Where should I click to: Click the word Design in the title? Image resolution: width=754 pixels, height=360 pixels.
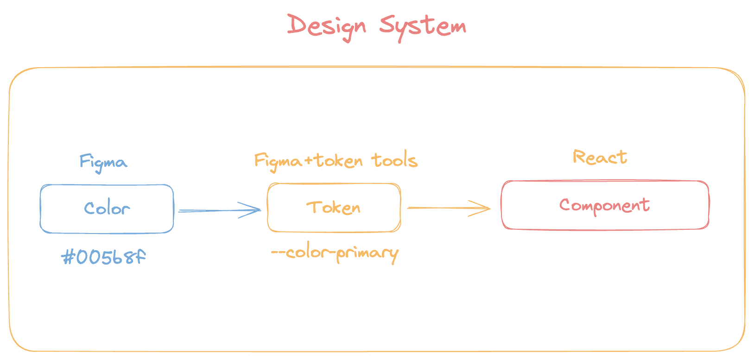pos(326,26)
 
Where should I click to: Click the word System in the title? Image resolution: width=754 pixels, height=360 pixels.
pos(423,26)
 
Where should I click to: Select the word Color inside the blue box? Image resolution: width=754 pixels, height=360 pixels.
pos(107,208)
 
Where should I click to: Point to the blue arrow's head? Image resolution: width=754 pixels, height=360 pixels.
pos(258,210)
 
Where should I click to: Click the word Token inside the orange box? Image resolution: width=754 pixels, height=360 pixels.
pos(334,207)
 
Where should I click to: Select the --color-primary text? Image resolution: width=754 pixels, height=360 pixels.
pos(335,253)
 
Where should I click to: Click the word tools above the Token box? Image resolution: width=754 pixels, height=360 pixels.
pos(394,160)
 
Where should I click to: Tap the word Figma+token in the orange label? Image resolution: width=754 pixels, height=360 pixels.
pos(309,161)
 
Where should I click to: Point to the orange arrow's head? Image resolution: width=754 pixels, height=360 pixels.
pos(488,208)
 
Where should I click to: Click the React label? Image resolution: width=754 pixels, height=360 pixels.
pos(600,158)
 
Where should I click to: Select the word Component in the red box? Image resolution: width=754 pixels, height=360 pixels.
pos(604,205)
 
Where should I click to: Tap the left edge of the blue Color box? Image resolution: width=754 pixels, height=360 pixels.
pos(41,208)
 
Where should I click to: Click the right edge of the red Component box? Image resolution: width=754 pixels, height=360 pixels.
pos(709,205)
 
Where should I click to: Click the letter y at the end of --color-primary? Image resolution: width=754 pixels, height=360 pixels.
pos(393,254)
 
